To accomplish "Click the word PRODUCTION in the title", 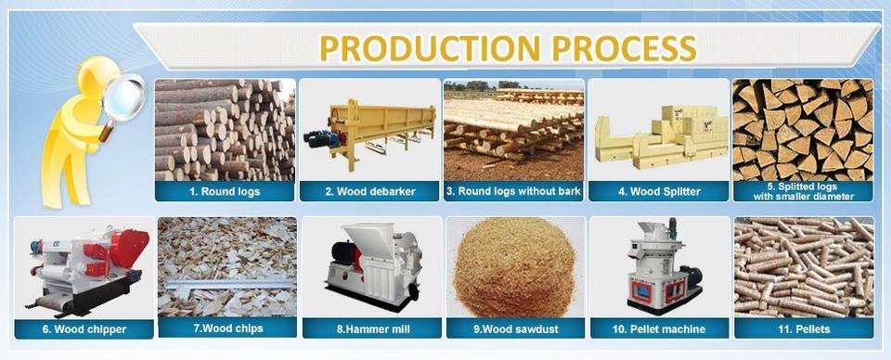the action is [430, 48].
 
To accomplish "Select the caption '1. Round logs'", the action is [225, 191].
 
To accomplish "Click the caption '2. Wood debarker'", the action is [369, 191].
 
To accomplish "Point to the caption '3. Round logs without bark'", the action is [513, 191].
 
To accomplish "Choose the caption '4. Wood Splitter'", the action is [659, 191].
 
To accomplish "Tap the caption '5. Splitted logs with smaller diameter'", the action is [804, 191].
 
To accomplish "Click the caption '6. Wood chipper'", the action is [84, 329].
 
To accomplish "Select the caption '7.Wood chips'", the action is [228, 328].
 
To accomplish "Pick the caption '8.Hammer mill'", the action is [373, 328].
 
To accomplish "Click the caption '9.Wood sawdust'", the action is [516, 328].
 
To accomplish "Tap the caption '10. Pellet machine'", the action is [659, 328].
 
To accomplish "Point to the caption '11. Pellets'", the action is [804, 328].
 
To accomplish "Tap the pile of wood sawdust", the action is [516, 270].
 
